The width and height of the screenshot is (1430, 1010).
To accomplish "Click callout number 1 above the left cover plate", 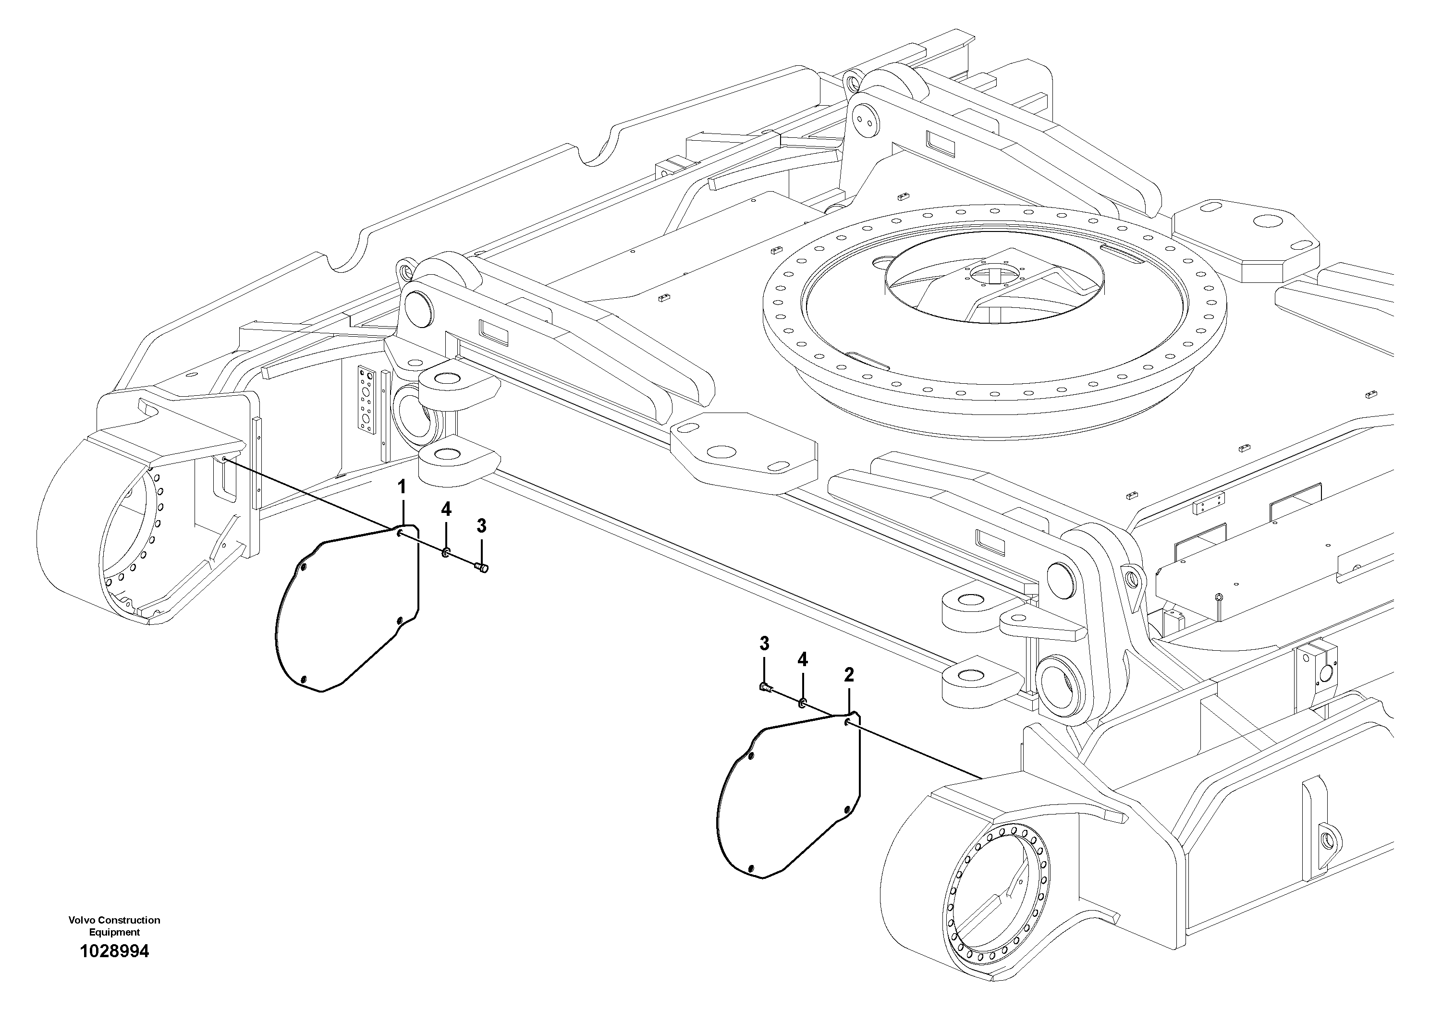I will pos(402,487).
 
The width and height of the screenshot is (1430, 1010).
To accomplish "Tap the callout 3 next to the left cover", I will pos(481,526).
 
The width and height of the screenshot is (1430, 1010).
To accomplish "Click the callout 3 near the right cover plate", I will pos(764,643).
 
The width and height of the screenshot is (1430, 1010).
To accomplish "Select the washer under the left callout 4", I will pos(446,552).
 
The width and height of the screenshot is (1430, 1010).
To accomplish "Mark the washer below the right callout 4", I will pos(803,703).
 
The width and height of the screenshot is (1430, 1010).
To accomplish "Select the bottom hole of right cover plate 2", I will pos(752,868).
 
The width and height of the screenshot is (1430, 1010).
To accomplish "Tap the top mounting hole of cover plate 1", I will pos(399,533).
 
